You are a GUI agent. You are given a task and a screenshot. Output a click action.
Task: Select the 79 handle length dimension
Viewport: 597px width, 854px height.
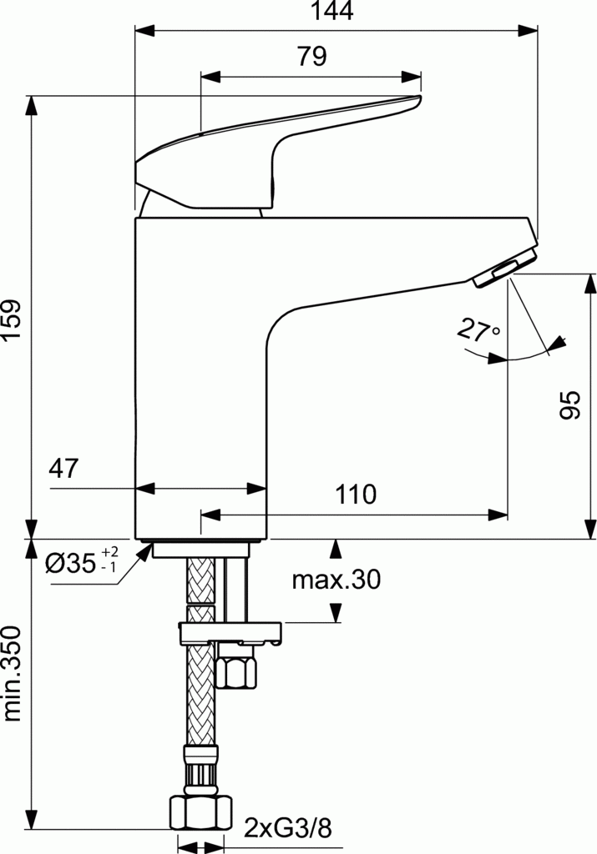point(311,57)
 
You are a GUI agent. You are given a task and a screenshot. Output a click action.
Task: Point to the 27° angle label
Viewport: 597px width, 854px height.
point(478,330)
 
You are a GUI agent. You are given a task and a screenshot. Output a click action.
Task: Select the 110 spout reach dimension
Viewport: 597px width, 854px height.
point(356,494)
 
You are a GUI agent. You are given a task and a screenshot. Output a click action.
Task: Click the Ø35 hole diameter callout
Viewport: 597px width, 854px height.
point(70,565)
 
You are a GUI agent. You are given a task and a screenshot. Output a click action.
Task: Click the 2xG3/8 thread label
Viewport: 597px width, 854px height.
point(288,828)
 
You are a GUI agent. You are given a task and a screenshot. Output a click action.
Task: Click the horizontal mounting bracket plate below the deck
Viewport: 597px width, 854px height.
point(231,633)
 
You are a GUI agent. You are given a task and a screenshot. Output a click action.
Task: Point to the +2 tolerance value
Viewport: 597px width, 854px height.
point(110,553)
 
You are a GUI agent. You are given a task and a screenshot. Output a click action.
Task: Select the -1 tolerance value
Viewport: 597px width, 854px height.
point(109,568)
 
